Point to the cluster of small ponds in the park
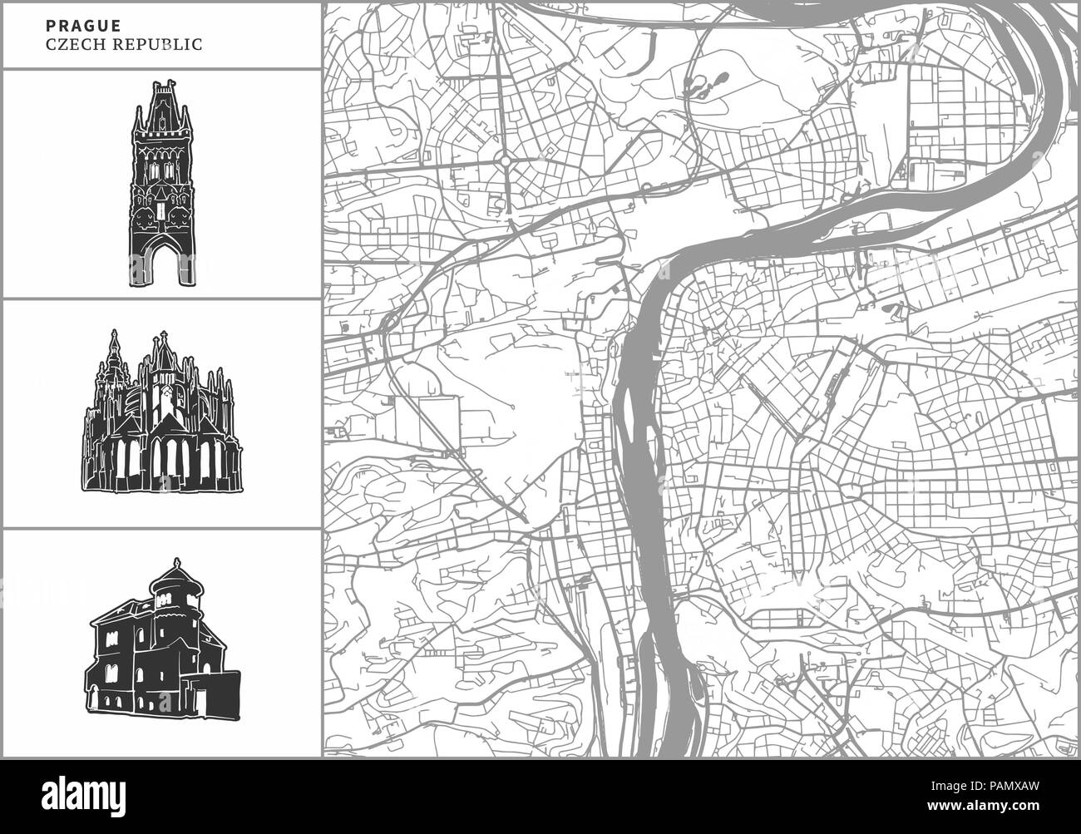click(703, 84)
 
